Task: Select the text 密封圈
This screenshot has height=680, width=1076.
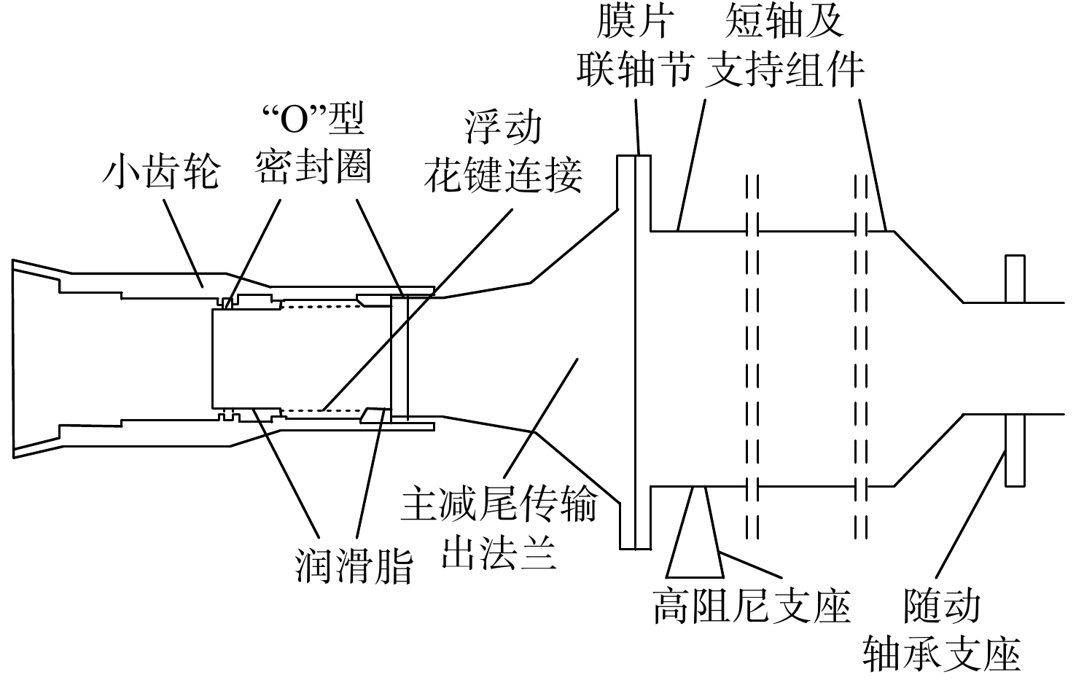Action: click(313, 167)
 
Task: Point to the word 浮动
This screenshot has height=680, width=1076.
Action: click(503, 128)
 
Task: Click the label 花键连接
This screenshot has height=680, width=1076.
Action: click(503, 176)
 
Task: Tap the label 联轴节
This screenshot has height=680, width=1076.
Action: click(635, 70)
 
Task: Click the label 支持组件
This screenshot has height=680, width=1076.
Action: click(784, 70)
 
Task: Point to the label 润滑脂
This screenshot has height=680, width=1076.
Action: click(354, 567)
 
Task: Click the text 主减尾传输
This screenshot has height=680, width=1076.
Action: click(499, 504)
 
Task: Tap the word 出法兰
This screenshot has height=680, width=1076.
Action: click(499, 552)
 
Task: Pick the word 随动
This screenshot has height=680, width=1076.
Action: click(942, 606)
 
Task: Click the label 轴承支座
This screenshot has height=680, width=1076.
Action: click(942, 654)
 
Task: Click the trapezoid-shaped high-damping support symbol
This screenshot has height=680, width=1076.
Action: click(695, 532)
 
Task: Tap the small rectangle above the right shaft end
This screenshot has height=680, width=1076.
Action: click(1015, 279)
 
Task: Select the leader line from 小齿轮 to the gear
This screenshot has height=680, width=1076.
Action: click(183, 243)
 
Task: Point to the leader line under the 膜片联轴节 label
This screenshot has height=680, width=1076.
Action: click(638, 128)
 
